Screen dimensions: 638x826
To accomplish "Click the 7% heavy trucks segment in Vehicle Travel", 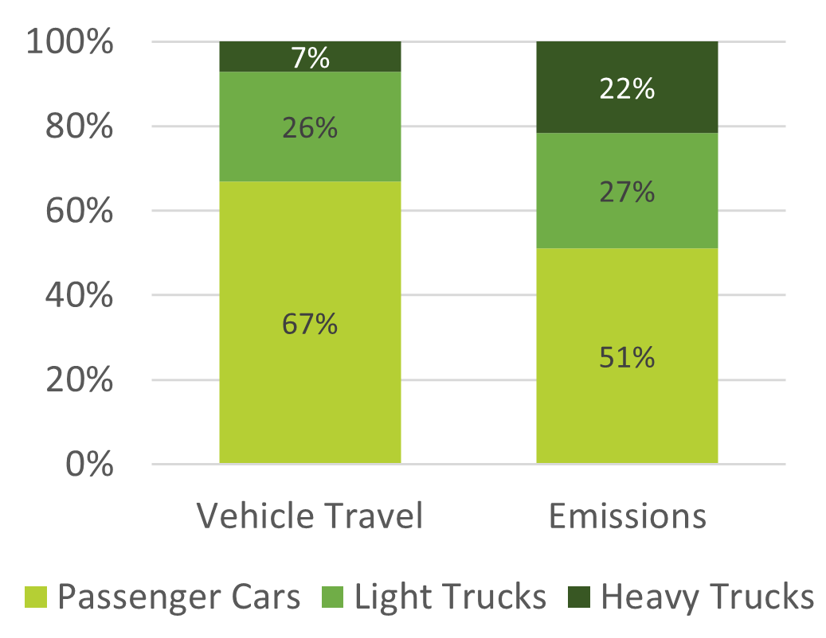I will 310,56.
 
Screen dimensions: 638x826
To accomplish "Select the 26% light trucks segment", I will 310,126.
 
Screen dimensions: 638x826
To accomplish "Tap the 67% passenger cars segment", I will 310,322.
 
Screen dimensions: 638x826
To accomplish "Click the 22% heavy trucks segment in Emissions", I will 627,88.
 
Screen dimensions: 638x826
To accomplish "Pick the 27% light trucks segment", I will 627,191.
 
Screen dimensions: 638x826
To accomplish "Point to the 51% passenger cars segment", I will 627,356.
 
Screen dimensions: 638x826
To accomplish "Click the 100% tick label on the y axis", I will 69,42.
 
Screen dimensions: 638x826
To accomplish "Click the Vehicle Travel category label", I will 310,517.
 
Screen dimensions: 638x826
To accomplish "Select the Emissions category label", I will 628,517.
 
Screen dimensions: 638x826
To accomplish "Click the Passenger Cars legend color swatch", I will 37,597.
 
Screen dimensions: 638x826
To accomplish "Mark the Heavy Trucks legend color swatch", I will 579,597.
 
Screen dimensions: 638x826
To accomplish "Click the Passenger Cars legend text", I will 179,597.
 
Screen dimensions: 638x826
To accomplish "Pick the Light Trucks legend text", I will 451,597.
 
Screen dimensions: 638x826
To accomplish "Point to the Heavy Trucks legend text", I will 707,597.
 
